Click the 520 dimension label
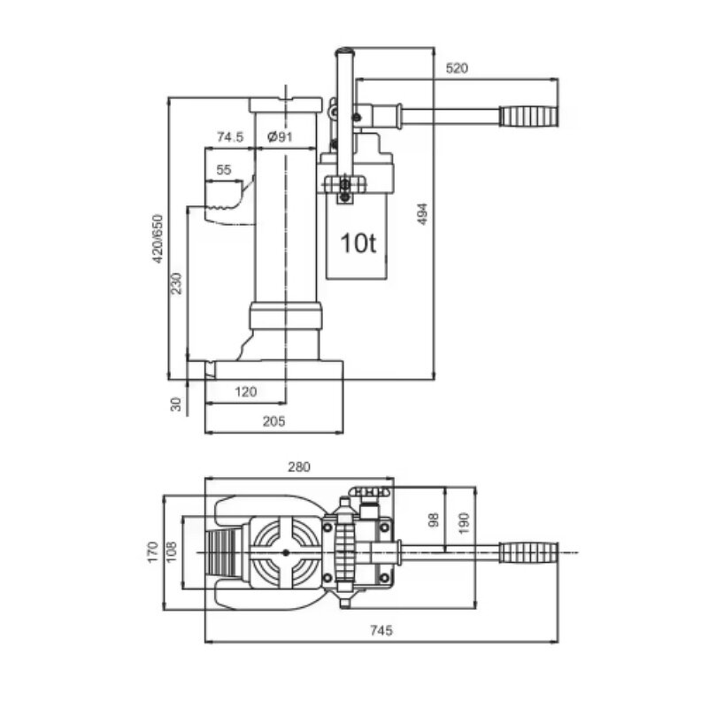click(458, 68)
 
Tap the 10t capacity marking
click(359, 242)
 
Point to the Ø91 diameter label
click(280, 136)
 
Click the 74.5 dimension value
click(229, 136)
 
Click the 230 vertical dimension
click(177, 283)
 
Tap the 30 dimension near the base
click(176, 404)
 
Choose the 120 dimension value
click(245, 391)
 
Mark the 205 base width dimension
click(273, 422)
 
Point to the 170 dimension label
click(152, 551)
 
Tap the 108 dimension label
click(172, 551)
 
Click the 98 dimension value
click(433, 519)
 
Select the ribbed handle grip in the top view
click(529, 552)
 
